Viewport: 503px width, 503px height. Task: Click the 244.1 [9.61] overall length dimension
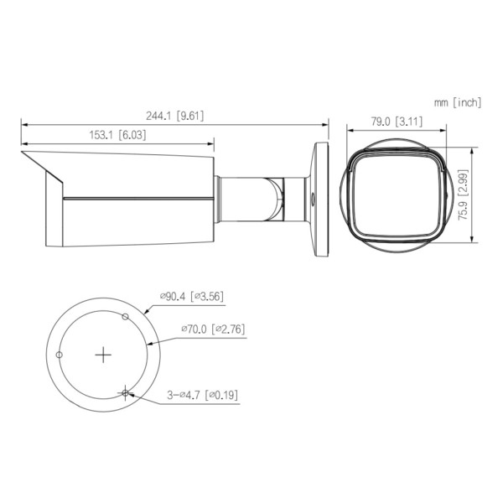[x=174, y=116]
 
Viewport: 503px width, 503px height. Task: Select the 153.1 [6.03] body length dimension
[x=117, y=133]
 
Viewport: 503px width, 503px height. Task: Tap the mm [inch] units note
[x=458, y=102]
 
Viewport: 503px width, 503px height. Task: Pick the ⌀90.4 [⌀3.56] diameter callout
[x=191, y=295]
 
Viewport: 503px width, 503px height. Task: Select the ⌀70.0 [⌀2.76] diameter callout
[x=213, y=330]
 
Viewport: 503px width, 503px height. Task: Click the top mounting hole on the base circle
[x=125, y=317]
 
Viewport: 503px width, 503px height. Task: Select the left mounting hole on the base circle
[x=59, y=355]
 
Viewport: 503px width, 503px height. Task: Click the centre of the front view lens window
[x=395, y=198]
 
